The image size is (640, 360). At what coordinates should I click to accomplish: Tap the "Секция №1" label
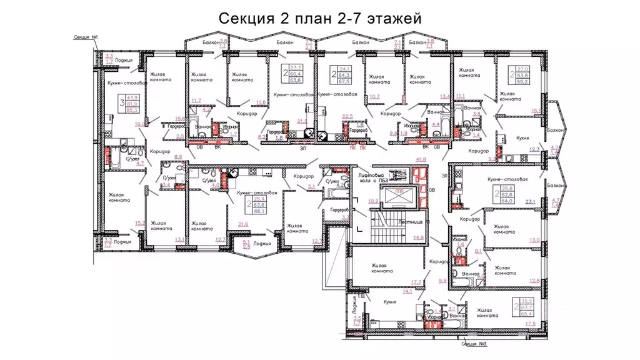(x=84, y=37)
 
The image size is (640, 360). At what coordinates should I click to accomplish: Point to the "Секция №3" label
(x=474, y=344)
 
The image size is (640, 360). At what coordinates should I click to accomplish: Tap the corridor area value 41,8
(x=421, y=161)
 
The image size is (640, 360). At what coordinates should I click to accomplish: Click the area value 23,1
(x=531, y=201)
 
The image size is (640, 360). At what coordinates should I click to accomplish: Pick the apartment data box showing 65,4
(x=525, y=307)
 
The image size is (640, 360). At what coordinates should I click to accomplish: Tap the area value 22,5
(x=347, y=116)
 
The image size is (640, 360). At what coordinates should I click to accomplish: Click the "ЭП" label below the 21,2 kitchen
(x=302, y=149)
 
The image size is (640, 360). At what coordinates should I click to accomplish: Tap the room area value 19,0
(x=139, y=124)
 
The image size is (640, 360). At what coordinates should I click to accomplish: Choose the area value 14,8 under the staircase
(x=418, y=237)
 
